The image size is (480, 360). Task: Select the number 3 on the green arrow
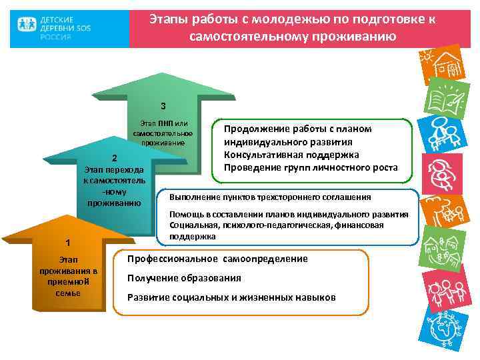163,106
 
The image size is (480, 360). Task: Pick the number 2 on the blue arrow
114,159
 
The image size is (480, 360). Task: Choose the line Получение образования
184,278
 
